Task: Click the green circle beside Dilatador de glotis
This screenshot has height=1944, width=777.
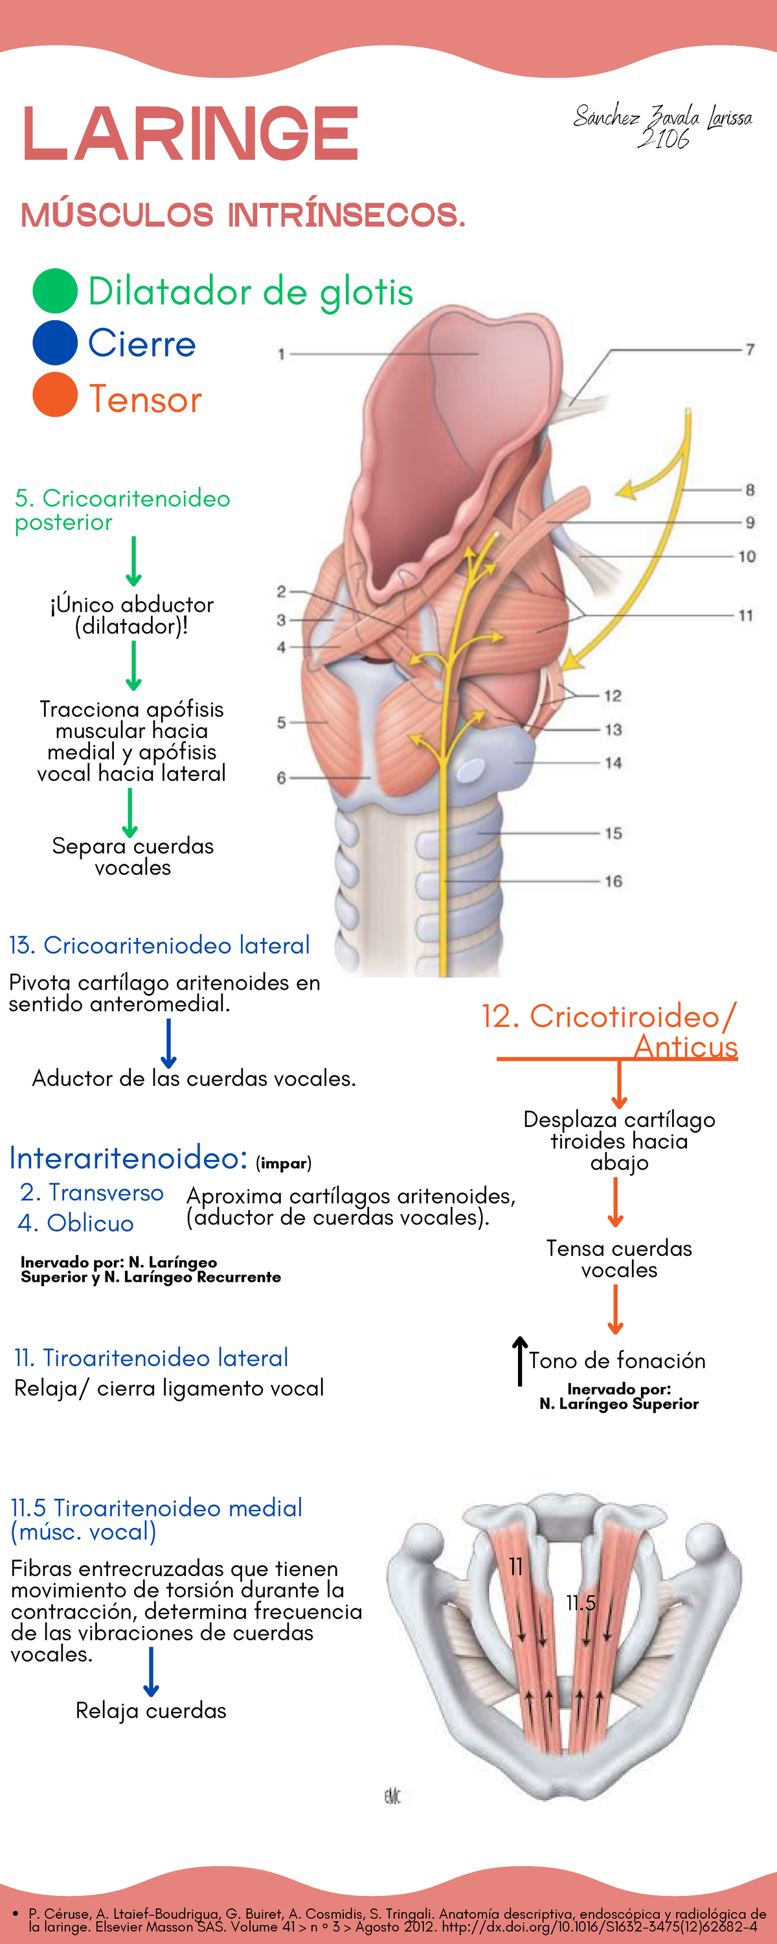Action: point(55,290)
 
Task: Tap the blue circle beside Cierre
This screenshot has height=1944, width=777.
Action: point(55,343)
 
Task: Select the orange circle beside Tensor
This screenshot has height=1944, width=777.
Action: point(55,395)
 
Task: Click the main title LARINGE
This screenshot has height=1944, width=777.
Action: point(190,134)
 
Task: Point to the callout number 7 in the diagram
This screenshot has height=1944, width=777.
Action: point(749,349)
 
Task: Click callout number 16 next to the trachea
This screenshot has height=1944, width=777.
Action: point(613,881)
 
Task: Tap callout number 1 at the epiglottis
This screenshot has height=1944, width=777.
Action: point(280,353)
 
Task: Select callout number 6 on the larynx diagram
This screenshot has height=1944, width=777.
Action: point(280,778)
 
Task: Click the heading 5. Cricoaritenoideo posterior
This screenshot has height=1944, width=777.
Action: point(122,509)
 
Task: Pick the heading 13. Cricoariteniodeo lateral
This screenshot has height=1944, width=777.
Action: point(159,945)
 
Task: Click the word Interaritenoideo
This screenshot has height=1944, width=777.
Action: point(128,1157)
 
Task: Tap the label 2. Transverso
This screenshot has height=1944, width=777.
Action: point(91,1192)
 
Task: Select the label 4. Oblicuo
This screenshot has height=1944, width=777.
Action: point(76,1223)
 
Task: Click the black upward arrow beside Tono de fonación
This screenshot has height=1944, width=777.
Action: point(520,1361)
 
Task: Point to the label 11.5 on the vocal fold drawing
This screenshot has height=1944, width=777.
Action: point(581,1603)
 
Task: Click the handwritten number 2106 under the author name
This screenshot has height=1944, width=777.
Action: point(664,139)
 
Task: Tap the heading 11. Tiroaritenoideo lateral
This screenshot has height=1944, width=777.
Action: point(151,1358)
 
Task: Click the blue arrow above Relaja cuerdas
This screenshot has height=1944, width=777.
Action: point(152,1672)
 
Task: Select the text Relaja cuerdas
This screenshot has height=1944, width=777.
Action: point(151,1710)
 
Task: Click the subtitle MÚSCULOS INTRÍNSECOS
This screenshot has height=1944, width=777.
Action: point(243,215)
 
